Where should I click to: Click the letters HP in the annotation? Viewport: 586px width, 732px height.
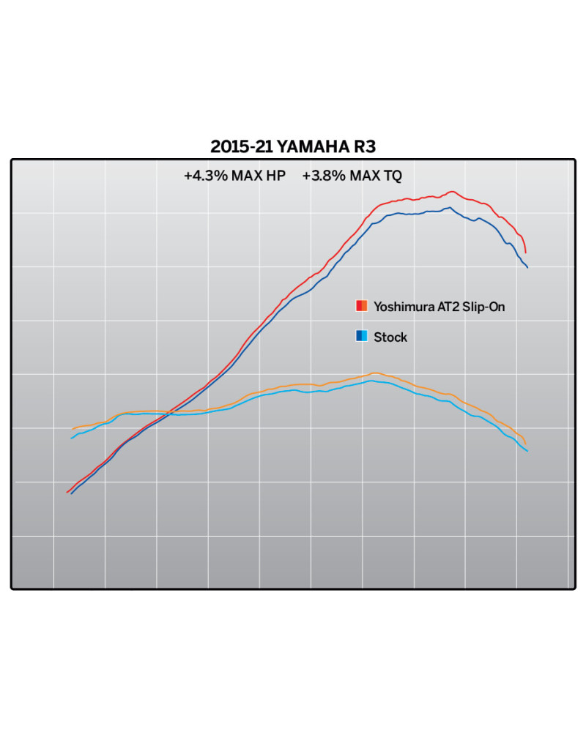tap(275, 176)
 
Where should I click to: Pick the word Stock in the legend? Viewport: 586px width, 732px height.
tap(390, 337)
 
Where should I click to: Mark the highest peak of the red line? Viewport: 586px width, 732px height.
tap(453, 192)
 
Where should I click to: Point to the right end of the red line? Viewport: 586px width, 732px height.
tap(525, 253)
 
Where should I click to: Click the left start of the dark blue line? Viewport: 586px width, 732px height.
tap(71, 495)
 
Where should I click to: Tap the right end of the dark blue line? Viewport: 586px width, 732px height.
tap(527, 267)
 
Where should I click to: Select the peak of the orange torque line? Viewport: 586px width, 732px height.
tap(374, 373)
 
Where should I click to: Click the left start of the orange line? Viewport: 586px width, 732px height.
tap(73, 429)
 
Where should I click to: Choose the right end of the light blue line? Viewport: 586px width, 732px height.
tap(527, 451)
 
